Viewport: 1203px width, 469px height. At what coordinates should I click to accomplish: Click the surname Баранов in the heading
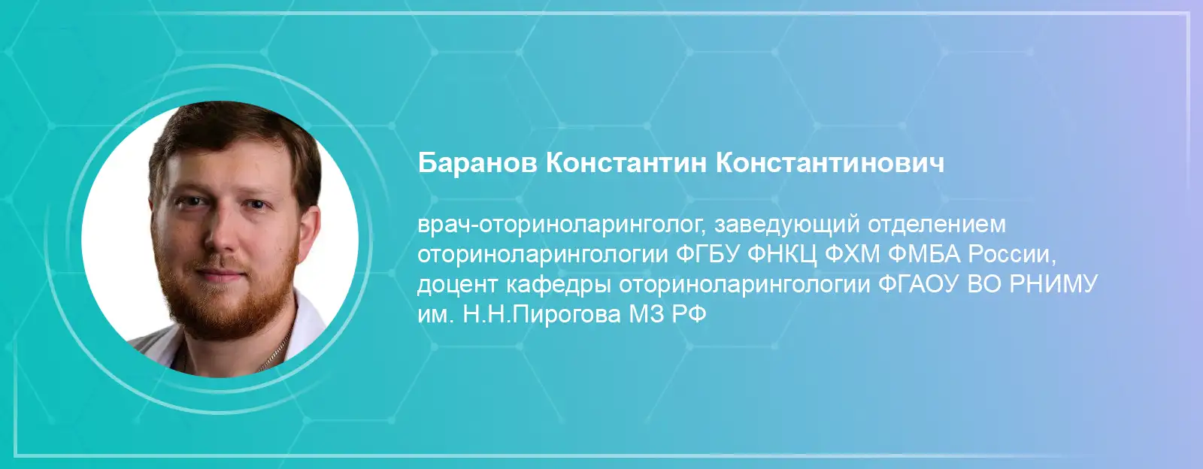click(x=477, y=163)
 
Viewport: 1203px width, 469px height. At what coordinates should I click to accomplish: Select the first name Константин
click(x=626, y=163)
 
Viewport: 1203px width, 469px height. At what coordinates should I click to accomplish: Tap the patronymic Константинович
click(x=830, y=163)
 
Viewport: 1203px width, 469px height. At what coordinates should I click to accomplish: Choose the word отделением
click(x=937, y=225)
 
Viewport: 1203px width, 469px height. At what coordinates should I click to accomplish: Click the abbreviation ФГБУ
click(x=708, y=254)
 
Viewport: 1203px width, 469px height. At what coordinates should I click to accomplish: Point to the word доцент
click(x=458, y=285)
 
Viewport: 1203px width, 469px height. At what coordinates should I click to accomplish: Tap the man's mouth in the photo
click(x=220, y=277)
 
